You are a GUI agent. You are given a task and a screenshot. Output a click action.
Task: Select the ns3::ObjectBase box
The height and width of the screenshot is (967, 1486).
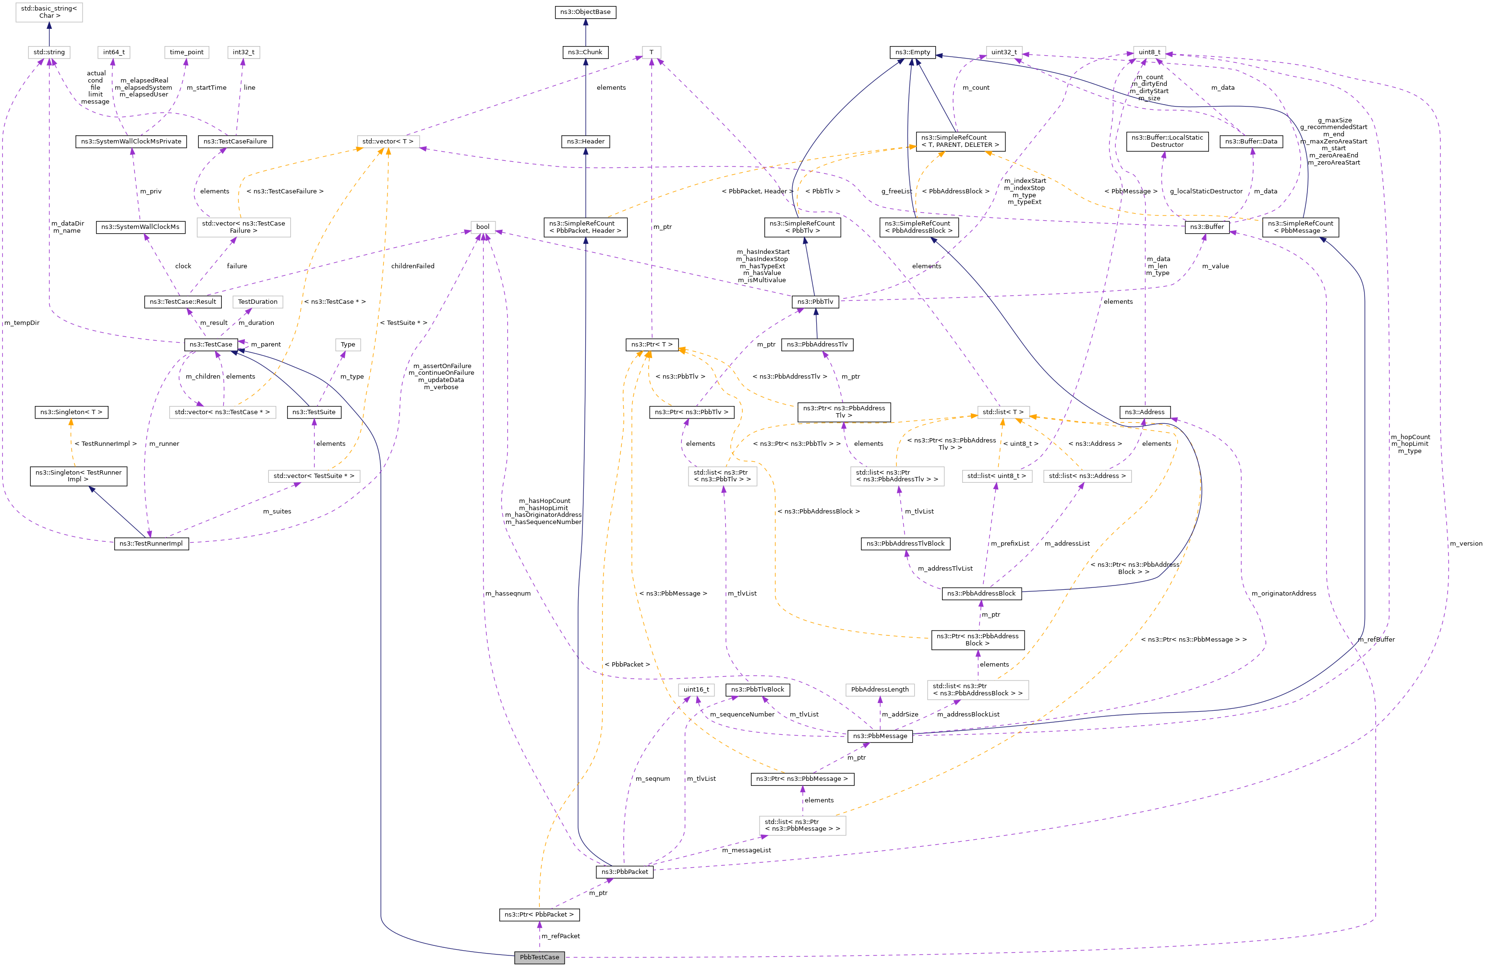pos(585,12)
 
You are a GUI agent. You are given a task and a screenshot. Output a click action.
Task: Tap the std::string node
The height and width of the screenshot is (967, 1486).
pos(48,52)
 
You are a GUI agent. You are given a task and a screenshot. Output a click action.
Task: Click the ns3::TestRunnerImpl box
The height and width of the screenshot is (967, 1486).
pos(151,543)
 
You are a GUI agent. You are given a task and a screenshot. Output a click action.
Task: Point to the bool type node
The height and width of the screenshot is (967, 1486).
pos(483,227)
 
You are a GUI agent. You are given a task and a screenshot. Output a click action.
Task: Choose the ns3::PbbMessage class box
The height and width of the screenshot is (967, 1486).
pos(880,736)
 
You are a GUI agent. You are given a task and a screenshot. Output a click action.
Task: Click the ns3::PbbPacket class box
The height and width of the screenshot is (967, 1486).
pos(624,871)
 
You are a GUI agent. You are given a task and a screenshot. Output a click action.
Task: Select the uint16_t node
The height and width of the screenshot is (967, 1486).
pos(696,690)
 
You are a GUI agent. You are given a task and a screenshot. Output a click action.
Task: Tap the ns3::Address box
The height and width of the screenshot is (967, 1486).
pos(1145,412)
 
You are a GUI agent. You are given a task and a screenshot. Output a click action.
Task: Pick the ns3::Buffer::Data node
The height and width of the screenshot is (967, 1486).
pos(1251,142)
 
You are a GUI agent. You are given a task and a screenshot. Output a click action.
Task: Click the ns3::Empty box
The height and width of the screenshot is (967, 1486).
pos(912,52)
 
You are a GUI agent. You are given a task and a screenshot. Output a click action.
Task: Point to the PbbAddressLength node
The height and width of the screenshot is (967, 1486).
pos(880,690)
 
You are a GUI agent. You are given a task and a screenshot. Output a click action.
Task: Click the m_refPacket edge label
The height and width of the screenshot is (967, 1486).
pos(561,936)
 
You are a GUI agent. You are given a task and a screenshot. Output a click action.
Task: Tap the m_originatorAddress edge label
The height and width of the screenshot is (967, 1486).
pos(1284,593)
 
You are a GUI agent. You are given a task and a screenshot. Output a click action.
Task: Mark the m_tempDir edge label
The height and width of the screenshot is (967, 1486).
pos(22,323)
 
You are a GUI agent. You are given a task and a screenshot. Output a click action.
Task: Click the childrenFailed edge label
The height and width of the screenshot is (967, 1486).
pos(413,266)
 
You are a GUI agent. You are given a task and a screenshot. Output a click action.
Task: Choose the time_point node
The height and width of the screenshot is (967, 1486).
pos(187,52)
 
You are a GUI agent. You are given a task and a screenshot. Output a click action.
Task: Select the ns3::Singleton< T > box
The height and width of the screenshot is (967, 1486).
pos(71,412)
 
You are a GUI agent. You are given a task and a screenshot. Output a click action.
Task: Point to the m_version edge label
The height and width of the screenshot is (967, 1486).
pos(1465,544)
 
